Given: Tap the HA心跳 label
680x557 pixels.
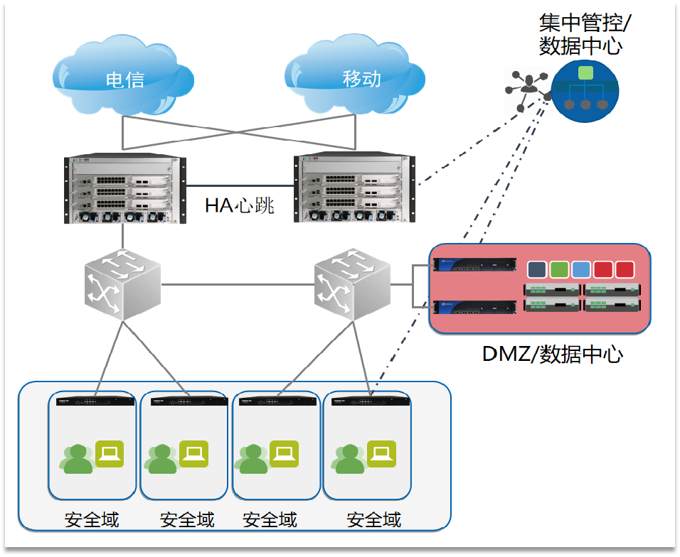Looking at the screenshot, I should [x=240, y=206].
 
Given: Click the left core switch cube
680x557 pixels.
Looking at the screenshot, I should [x=122, y=283].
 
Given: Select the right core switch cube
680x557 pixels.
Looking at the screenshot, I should [x=353, y=285].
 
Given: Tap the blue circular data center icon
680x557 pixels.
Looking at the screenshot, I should [x=585, y=90].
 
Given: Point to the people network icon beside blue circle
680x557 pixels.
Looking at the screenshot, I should [x=527, y=89].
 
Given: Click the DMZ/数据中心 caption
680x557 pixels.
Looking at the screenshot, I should [x=553, y=353].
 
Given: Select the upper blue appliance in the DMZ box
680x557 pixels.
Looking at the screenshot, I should [x=475, y=266].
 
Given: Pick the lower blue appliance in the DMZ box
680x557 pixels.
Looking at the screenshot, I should [x=475, y=308].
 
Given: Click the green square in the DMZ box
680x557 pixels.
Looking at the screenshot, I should [x=559, y=269].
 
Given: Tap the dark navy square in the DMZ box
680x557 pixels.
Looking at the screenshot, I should [x=537, y=269].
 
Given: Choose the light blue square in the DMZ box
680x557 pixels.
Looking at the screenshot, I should [x=581, y=269].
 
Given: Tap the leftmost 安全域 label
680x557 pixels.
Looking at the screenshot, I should [x=92, y=519].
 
